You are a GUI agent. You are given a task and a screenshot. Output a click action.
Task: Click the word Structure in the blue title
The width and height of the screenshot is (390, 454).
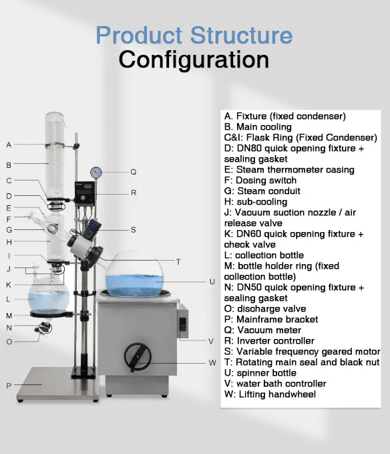click(x=241, y=35)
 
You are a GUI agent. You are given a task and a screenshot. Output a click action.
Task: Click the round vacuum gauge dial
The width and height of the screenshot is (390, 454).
click(x=96, y=173)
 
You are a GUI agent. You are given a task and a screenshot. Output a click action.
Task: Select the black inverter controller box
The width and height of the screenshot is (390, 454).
click(x=85, y=193)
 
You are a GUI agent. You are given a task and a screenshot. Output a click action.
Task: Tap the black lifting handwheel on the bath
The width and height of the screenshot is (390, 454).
click(x=138, y=357)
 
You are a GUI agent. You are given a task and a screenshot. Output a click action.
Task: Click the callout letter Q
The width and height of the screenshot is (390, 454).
click(x=134, y=172)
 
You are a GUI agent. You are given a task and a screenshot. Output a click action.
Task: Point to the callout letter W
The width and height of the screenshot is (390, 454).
click(x=212, y=362)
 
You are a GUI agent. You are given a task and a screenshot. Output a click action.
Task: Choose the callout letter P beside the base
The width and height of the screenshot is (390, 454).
click(x=9, y=386)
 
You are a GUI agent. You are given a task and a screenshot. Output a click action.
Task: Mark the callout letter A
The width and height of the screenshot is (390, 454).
click(x=9, y=145)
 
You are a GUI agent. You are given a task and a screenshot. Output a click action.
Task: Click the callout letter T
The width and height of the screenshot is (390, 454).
click(x=178, y=261)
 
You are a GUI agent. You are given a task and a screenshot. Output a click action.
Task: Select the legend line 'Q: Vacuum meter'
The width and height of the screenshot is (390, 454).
click(x=262, y=330)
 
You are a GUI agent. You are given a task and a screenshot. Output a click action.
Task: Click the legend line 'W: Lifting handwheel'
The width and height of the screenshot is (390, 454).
click(x=270, y=394)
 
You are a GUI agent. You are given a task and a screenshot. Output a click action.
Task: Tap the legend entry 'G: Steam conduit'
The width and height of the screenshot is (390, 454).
click(x=262, y=191)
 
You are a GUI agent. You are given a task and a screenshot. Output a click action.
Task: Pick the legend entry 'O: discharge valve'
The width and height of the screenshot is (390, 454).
click(x=265, y=309)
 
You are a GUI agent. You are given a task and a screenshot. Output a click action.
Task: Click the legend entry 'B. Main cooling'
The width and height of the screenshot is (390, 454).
click(x=258, y=127)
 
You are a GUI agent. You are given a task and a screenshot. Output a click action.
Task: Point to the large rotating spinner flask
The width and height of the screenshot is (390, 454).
click(x=134, y=274)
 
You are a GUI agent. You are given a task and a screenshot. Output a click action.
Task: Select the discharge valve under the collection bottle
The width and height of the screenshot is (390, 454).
click(x=43, y=328)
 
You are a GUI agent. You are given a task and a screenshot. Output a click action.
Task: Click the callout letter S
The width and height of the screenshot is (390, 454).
click(x=134, y=230)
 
